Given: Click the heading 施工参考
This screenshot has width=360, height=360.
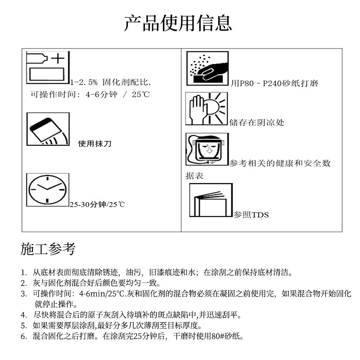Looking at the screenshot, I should click(x=48, y=248).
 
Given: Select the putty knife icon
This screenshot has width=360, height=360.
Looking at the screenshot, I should click(x=48, y=130).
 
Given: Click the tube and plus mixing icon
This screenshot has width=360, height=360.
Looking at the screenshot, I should click(x=48, y=68).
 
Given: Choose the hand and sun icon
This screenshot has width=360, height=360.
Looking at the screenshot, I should click(x=207, y=108).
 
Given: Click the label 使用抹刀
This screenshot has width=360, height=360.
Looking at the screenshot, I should click(x=94, y=144).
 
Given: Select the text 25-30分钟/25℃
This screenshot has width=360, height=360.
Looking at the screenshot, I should click(x=97, y=205).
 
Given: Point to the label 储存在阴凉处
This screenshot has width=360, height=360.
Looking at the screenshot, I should click(x=257, y=122).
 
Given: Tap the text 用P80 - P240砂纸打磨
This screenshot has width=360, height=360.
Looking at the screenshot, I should click(x=274, y=83).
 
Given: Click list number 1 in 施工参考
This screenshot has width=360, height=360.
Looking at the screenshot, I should click(x=23, y=272).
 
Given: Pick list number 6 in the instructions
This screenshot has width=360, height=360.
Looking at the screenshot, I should click(x=23, y=336).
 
